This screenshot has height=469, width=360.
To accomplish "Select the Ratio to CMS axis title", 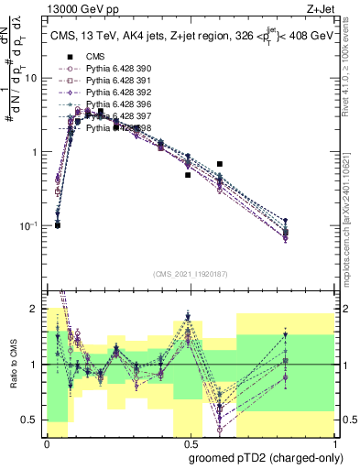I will pos(12,364).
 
